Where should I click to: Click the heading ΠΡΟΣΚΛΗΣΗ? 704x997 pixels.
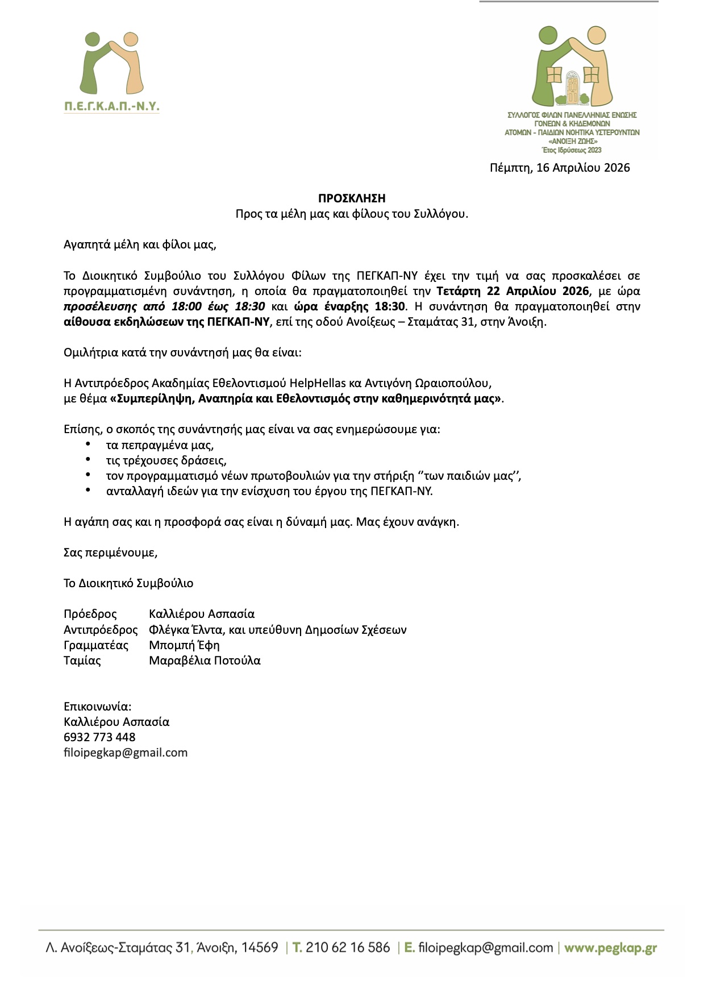pyautogui.click(x=352, y=198)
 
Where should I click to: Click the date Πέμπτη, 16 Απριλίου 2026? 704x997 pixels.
pyautogui.click(x=560, y=168)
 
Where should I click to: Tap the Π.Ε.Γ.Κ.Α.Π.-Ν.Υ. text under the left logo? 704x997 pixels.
pyautogui.click(x=111, y=106)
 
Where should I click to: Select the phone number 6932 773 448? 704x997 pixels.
pyautogui.click(x=99, y=737)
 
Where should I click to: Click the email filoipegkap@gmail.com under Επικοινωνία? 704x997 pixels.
pyautogui.click(x=126, y=753)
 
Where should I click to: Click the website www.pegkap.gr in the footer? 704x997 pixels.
pyautogui.click(x=610, y=948)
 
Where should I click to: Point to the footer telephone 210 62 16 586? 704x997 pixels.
pyautogui.click(x=348, y=948)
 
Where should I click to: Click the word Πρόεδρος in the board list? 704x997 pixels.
pyautogui.click(x=90, y=614)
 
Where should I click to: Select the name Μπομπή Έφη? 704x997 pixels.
pyautogui.click(x=184, y=645)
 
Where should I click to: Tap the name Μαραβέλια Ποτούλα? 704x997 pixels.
pyautogui.click(x=205, y=660)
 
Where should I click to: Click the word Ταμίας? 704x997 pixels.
pyautogui.click(x=82, y=660)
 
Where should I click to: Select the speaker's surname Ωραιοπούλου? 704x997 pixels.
pyautogui.click(x=452, y=383)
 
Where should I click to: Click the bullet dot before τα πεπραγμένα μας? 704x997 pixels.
pyautogui.click(x=88, y=443)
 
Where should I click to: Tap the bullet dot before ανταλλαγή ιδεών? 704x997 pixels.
pyautogui.click(x=88, y=489)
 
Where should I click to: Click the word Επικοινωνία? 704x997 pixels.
pyautogui.click(x=97, y=707)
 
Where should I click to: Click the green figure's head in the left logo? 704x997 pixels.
pyautogui.click(x=91, y=39)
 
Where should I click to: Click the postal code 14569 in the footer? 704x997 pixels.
pyautogui.click(x=260, y=948)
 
